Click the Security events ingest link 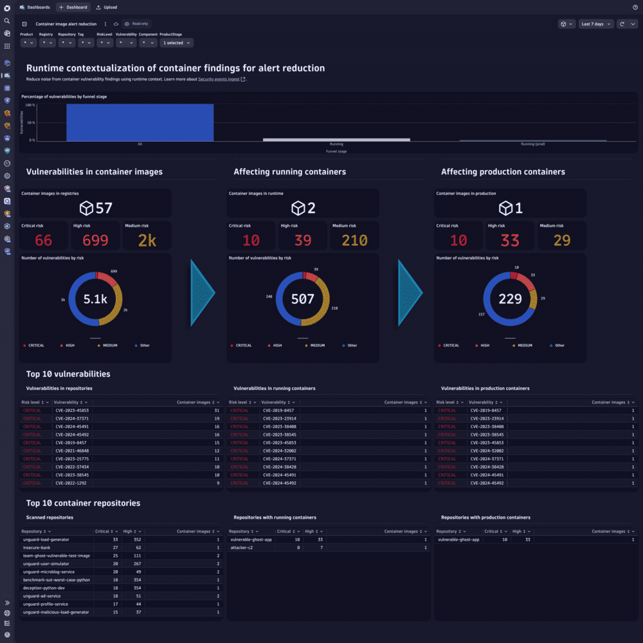click(x=219, y=79)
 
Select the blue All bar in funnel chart click(x=140, y=122)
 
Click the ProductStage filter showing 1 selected click(x=176, y=42)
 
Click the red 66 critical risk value click(x=43, y=240)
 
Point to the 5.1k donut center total click(x=95, y=299)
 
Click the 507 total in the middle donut click(x=303, y=299)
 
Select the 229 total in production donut click(x=510, y=299)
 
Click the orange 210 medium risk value click(x=354, y=240)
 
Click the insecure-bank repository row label click(x=37, y=547)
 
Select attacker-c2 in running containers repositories click(x=242, y=547)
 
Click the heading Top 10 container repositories click(x=83, y=503)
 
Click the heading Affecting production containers click(x=503, y=172)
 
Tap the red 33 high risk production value click(x=510, y=240)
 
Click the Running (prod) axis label click(x=533, y=144)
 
